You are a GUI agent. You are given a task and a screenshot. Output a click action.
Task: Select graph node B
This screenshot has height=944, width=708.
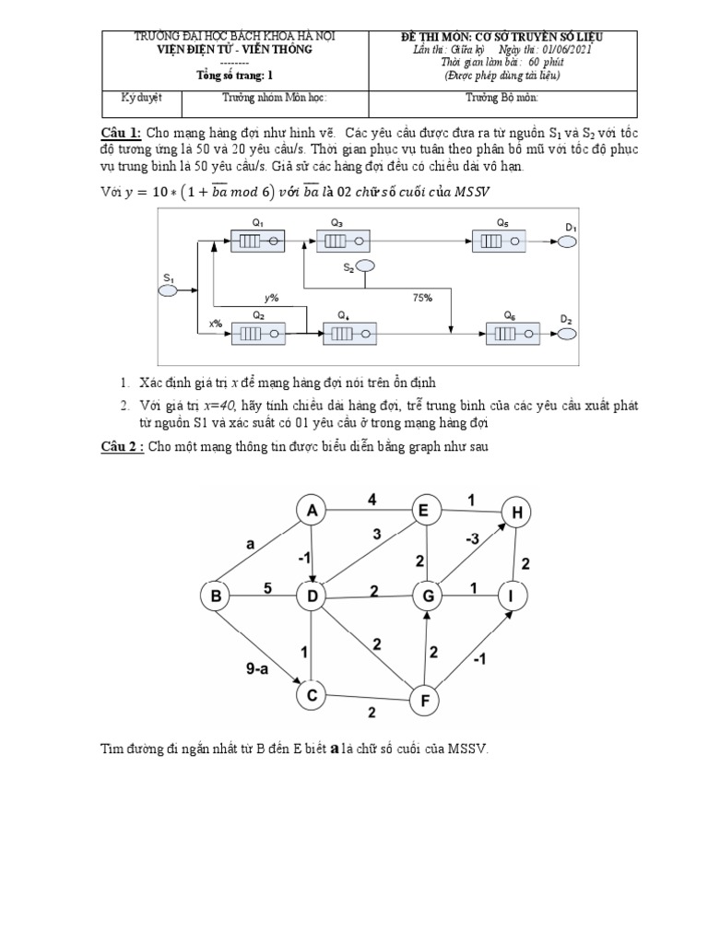click(x=216, y=597)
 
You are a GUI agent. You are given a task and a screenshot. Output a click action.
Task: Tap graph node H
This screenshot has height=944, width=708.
click(x=517, y=511)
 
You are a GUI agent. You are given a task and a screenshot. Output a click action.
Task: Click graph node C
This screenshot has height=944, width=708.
click(x=313, y=693)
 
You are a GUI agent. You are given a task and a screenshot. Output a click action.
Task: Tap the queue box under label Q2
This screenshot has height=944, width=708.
click(x=258, y=333)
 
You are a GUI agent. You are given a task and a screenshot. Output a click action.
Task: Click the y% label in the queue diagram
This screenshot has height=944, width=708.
click(x=271, y=298)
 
